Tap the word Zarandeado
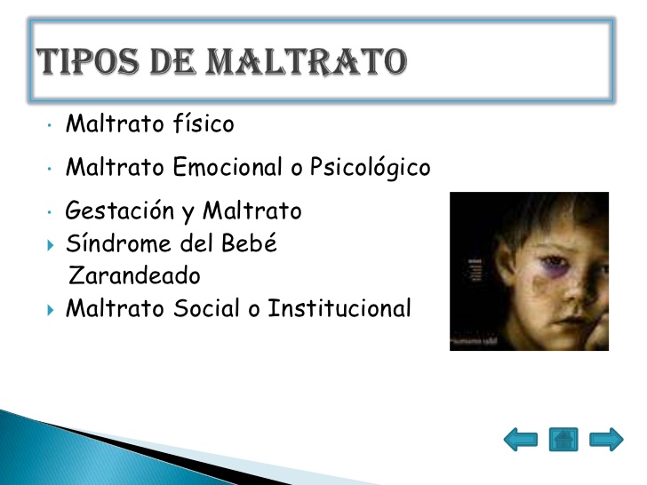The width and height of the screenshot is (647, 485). point(134,276)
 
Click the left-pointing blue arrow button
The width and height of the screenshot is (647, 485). point(521,439)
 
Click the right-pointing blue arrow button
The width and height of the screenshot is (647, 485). point(606,439)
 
